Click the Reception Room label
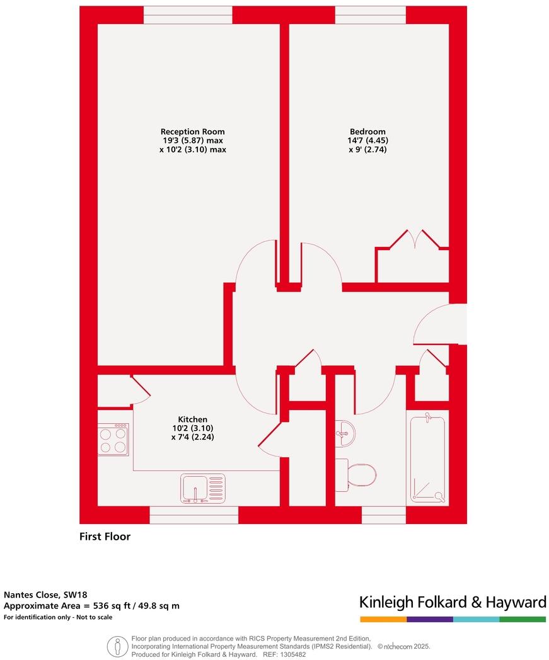[x=192, y=132]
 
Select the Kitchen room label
[x=192, y=419]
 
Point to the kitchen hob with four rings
[x=113, y=440]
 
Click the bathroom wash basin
[x=344, y=433]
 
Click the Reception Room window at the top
[x=188, y=15]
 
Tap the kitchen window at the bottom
[x=194, y=515]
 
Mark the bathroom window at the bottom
[x=383, y=515]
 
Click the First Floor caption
[x=105, y=537]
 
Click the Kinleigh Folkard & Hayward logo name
[x=452, y=603]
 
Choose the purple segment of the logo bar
[x=429, y=620]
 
